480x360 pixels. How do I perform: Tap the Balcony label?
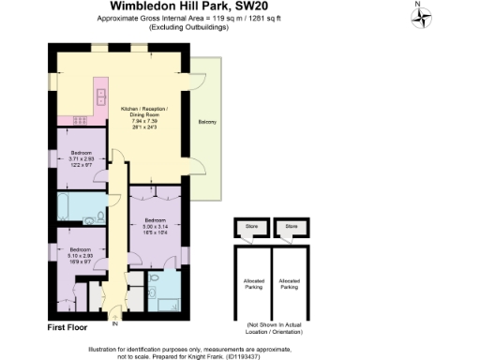click(203, 122)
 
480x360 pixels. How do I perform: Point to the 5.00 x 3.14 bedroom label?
click(156, 226)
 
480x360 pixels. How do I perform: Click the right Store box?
click(292, 226)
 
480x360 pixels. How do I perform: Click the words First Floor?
click(67, 327)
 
